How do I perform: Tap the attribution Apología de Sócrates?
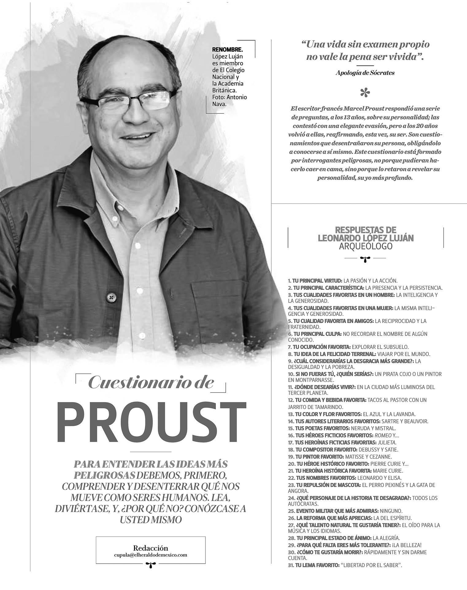point(365,73)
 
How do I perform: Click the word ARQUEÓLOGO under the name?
point(366,246)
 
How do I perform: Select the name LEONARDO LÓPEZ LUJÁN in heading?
point(366,238)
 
